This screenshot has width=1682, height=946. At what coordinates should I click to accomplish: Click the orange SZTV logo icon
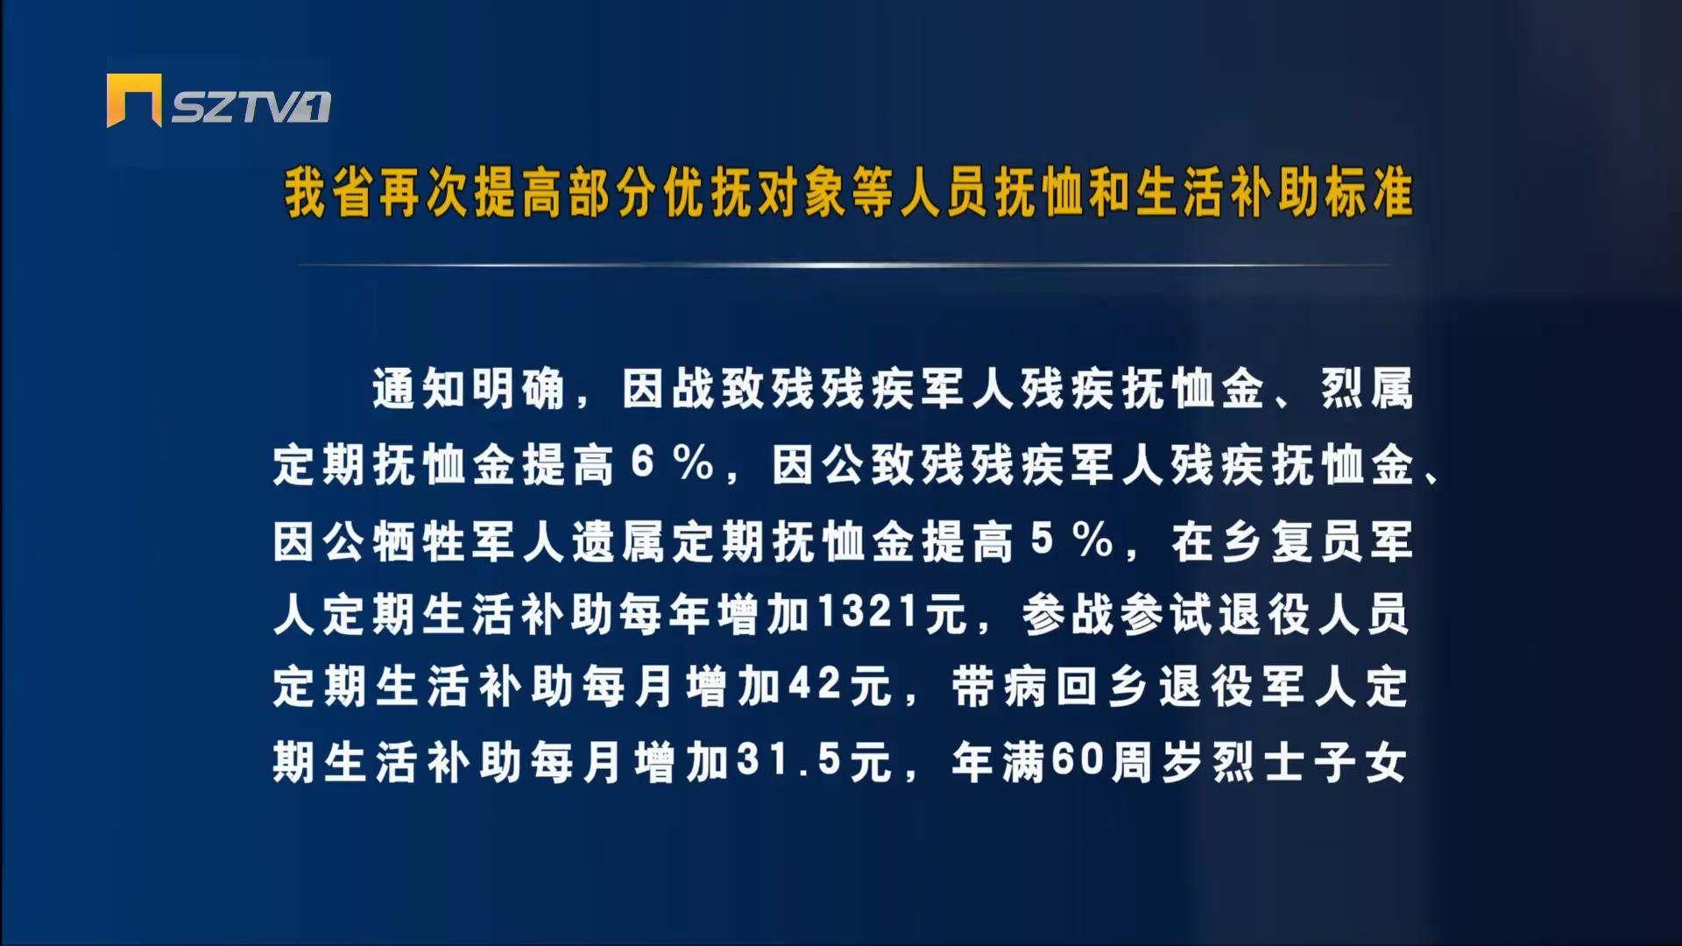pos(134,100)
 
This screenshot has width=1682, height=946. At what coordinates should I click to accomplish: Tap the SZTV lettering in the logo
pos(251,107)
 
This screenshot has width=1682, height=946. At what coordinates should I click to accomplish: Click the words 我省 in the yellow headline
pos(329,193)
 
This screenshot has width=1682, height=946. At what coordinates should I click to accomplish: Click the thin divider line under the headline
pos(845,265)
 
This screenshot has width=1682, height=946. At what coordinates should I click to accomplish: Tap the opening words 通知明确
pos(470,389)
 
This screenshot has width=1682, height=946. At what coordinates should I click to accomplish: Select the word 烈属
pos(1368,389)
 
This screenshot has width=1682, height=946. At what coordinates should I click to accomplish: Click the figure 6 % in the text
pos(673,462)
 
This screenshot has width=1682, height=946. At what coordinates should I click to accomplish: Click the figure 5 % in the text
pos(1072,540)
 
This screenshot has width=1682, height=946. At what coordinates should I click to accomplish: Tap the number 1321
pos(868,612)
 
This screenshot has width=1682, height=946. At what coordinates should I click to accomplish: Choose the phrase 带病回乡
pos(1049,686)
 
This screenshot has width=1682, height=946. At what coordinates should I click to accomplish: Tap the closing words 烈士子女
pos(1311,762)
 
